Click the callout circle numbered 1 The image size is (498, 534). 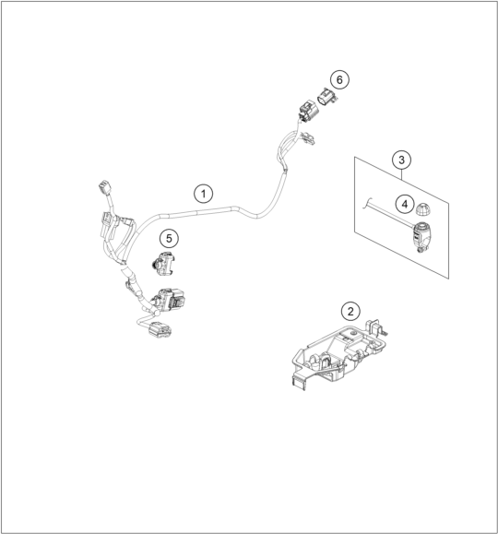[204, 194]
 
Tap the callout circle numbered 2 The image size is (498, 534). [350, 311]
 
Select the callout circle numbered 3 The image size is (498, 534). [401, 160]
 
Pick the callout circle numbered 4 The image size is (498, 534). [405, 204]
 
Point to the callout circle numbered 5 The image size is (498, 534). [170, 238]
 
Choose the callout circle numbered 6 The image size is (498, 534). [339, 79]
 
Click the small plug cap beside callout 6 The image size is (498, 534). [327, 97]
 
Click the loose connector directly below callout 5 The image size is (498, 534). [163, 264]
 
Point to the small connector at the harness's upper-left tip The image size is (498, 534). [104, 187]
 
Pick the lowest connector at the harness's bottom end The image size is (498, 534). [160, 330]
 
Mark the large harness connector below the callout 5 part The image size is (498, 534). [169, 300]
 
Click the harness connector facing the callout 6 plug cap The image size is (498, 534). [309, 111]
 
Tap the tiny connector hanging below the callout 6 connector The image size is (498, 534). [309, 138]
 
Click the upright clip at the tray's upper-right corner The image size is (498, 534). [373, 327]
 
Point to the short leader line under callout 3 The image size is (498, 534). [402, 174]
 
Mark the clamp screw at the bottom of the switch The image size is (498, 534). [421, 250]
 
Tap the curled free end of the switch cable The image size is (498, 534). [366, 203]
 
